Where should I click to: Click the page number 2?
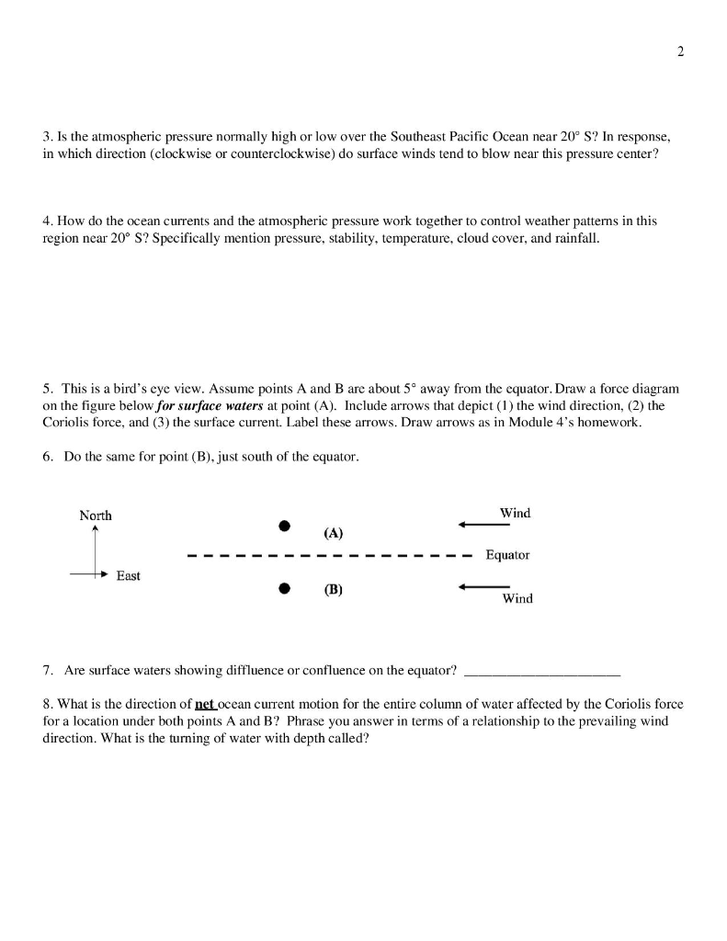[x=680, y=51]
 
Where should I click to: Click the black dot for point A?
[x=285, y=527]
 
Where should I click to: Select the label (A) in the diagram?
[x=333, y=533]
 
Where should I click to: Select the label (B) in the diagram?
[x=333, y=591]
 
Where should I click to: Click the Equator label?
[x=507, y=555]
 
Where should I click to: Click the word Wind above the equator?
[x=516, y=513]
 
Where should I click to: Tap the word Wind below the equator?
[x=517, y=599]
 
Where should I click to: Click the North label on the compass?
[x=96, y=515]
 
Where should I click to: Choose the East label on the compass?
[x=128, y=576]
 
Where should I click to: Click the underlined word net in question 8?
[x=204, y=704]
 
